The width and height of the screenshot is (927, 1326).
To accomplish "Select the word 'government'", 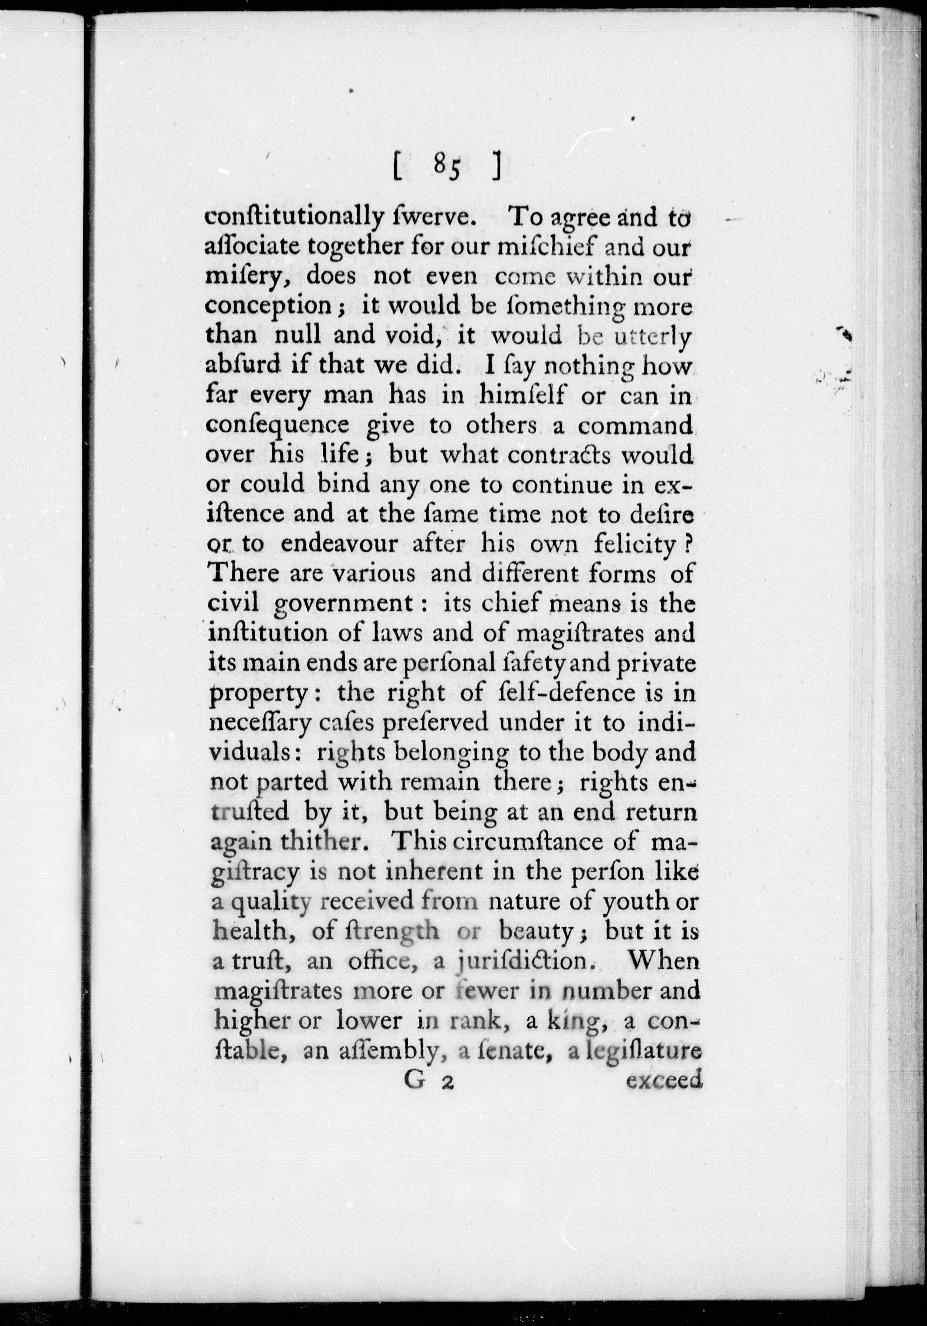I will (343, 605).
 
